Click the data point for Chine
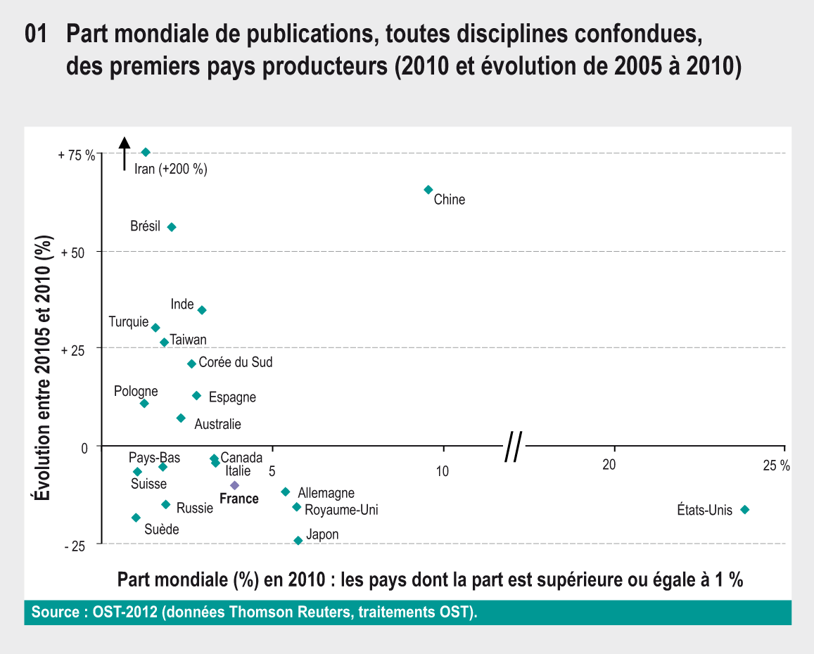(x=428, y=190)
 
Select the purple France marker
(x=235, y=485)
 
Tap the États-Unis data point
(x=745, y=509)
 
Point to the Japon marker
(x=298, y=540)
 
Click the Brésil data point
(x=172, y=227)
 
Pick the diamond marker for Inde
(x=202, y=310)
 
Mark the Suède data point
(x=136, y=518)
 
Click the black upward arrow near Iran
(x=125, y=153)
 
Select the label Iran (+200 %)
(x=170, y=169)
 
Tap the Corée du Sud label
(x=236, y=363)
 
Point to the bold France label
(x=239, y=499)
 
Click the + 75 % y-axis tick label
(x=77, y=155)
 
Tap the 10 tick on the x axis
(x=442, y=471)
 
